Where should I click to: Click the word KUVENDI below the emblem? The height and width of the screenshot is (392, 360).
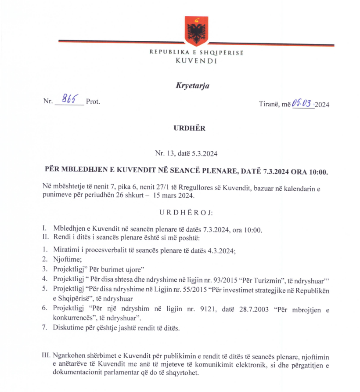[196, 61]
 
